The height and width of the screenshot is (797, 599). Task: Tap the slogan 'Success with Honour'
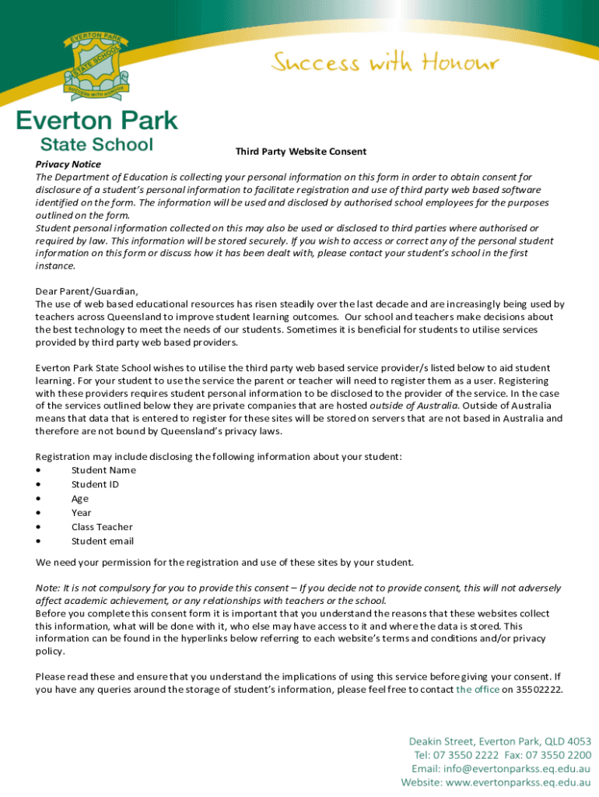(385, 62)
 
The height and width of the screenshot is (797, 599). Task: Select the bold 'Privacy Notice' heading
(68, 164)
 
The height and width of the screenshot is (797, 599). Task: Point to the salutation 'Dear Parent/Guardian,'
(87, 291)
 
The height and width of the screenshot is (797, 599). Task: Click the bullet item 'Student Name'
(103, 470)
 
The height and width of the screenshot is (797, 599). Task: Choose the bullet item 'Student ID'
(95, 484)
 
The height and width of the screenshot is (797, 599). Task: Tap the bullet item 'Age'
(80, 499)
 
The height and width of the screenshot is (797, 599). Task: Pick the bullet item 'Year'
(81, 513)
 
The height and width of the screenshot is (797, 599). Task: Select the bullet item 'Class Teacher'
(102, 527)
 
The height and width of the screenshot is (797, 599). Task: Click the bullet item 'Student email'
(103, 542)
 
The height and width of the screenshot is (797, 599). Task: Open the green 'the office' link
(478, 690)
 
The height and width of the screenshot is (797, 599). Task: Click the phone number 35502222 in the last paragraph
(538, 690)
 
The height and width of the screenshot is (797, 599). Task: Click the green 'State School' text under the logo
(97, 144)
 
